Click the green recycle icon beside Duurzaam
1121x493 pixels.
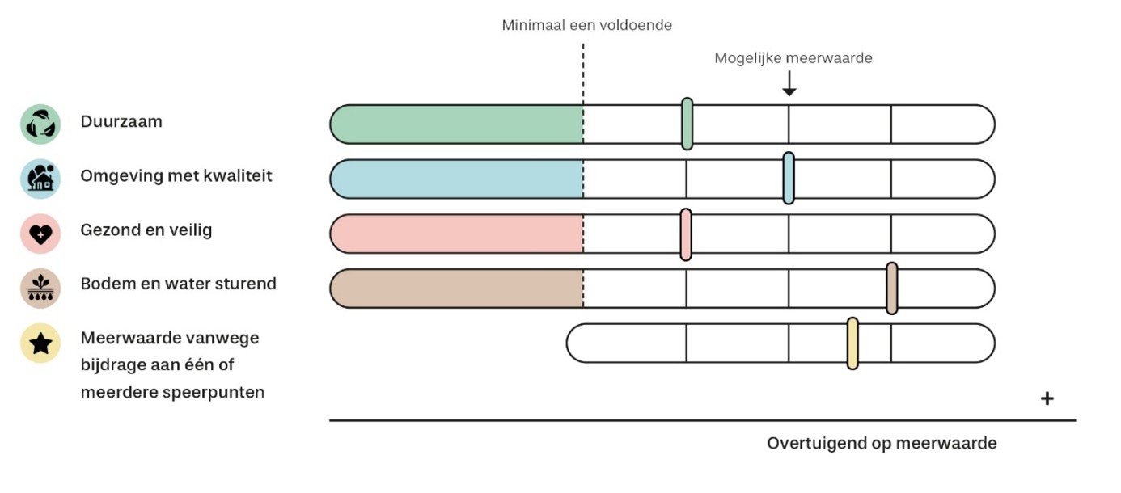point(40,124)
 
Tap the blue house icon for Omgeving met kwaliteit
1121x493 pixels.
point(40,179)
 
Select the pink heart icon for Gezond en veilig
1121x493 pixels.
point(40,233)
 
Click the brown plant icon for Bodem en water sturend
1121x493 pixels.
point(40,288)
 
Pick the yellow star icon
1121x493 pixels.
point(40,344)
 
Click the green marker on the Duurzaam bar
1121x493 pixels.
point(687,124)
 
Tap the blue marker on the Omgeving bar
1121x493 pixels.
point(789,178)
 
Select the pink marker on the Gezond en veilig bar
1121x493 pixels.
point(686,234)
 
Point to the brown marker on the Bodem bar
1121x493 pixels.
point(891,288)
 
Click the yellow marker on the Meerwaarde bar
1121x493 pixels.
point(852,343)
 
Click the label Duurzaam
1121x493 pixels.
point(121,122)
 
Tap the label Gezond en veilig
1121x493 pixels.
point(146,230)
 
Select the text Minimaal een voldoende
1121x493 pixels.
point(586,25)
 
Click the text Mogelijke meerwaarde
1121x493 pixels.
point(793,58)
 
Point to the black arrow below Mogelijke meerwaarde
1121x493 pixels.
point(789,84)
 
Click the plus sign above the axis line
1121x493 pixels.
point(1047,398)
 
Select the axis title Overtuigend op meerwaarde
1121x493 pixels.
point(882,444)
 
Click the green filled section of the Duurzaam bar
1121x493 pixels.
point(457,124)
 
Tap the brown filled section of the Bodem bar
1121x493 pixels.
point(457,289)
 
